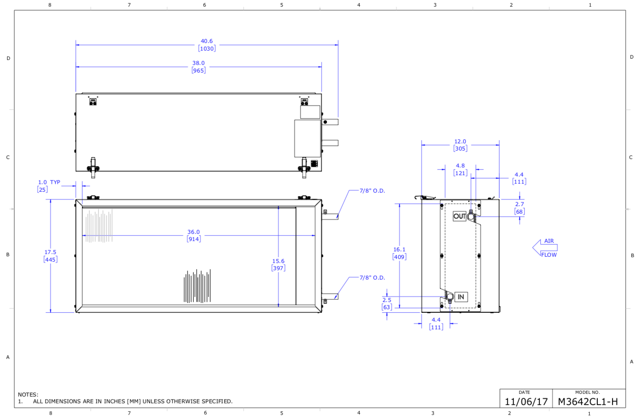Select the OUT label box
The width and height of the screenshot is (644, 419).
click(460, 216)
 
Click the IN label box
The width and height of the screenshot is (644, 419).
click(461, 297)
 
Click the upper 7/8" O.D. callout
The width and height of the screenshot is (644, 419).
click(372, 191)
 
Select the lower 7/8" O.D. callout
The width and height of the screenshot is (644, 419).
click(372, 278)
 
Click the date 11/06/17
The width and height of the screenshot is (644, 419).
click(526, 402)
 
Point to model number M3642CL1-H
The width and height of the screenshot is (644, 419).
click(587, 402)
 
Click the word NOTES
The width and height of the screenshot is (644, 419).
click(28, 395)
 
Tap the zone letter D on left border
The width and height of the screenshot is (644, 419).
click(8, 59)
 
